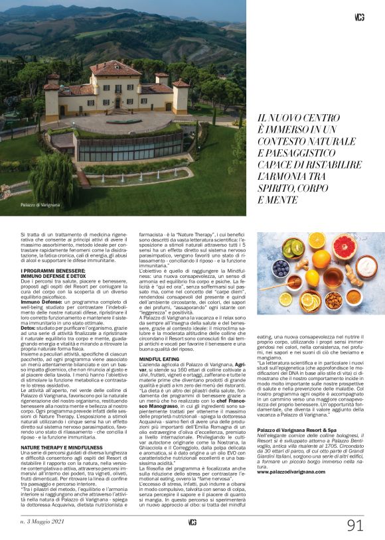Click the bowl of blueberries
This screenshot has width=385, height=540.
pyautogui.click(x=281, y=269)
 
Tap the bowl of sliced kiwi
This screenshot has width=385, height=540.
pyautogui.click(x=293, y=249)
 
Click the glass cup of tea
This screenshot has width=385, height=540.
pyautogui.click(x=333, y=275)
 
